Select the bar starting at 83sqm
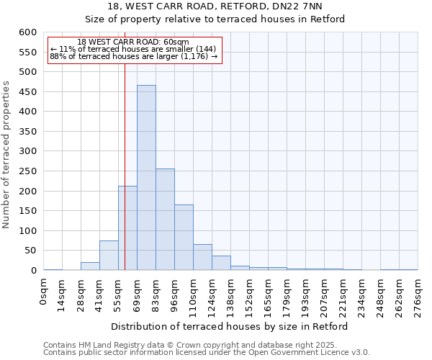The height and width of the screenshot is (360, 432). [165, 220]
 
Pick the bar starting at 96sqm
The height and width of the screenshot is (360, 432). [184, 238]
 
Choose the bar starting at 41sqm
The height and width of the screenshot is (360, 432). [109, 256]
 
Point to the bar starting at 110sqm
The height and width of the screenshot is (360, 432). [202, 258]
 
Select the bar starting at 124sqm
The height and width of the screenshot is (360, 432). [221, 264]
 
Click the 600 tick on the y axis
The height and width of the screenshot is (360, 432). [27, 32]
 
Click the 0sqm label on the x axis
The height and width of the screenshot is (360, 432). [44, 292]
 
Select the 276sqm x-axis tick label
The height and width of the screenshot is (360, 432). [418, 296]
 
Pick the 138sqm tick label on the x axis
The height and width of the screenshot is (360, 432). [231, 296]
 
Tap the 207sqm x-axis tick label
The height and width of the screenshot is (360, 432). [325, 296]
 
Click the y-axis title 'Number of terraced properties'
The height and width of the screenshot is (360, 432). [7, 154]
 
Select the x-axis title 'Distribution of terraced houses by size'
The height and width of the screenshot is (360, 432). [230, 326]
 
